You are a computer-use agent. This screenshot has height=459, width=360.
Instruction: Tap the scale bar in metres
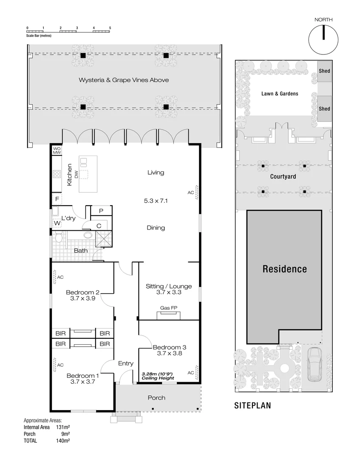coord(68,31)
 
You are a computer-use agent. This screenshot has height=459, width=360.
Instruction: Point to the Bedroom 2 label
coord(82,292)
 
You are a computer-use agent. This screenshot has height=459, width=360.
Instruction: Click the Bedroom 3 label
coord(169,347)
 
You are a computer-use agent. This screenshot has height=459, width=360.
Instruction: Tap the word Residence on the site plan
coord(284,269)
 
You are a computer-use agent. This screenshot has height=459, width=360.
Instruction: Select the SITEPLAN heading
coord(252,406)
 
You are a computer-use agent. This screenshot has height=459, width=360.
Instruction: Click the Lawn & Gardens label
coord(280,93)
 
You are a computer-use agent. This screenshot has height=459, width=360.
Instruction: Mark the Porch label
coord(156,398)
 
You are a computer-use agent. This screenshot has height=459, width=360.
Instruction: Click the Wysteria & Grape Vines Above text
coord(124,80)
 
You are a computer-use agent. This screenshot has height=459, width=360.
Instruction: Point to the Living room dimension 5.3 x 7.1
coord(156,201)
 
